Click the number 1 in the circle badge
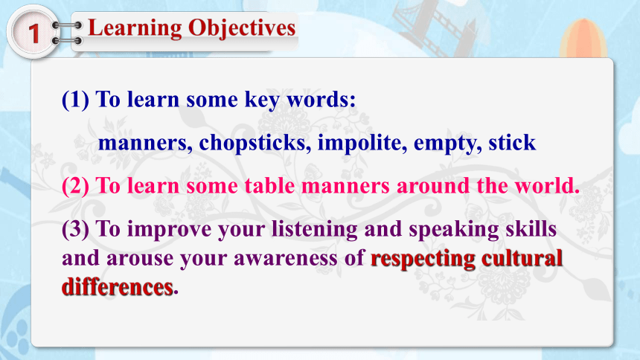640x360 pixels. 33,33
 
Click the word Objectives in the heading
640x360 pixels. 242,28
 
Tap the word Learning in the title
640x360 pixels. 135,29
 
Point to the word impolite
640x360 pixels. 362,143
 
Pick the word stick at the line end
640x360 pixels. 512,142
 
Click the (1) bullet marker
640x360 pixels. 75,100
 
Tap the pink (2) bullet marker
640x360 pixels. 75,186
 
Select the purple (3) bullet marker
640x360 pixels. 75,229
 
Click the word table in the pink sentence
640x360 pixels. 269,186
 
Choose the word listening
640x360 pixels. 315,230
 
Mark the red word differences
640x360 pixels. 118,287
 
